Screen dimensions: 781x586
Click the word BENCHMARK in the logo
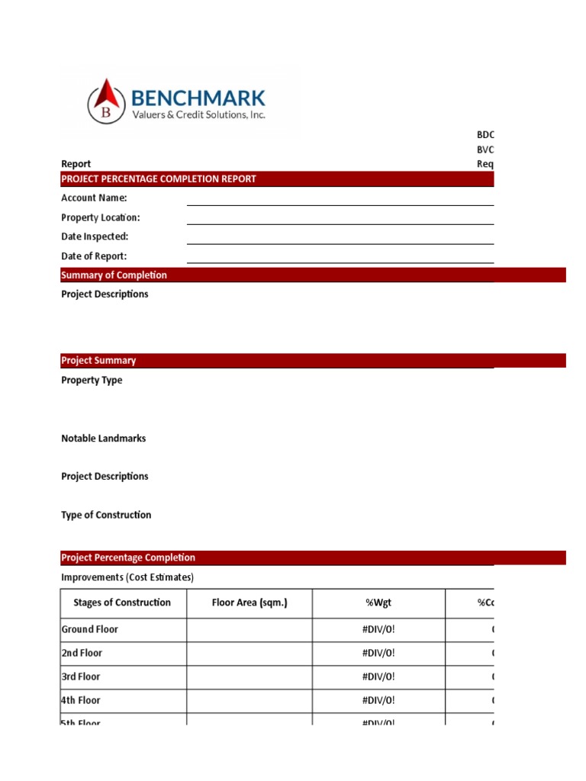click(x=198, y=97)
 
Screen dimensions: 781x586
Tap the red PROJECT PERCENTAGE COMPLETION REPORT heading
click(x=159, y=179)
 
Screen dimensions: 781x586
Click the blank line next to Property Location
click(x=340, y=219)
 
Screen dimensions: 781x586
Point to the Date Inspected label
click(x=95, y=237)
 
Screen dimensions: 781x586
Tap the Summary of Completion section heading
click(x=114, y=275)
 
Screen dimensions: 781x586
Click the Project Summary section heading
click(x=98, y=361)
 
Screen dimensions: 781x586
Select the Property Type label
click(x=92, y=381)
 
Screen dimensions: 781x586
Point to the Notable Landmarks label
click(x=103, y=439)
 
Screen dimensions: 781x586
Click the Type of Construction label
click(x=106, y=516)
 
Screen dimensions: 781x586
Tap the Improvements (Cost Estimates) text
click(x=127, y=577)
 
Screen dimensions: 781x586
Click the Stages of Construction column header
click(x=122, y=603)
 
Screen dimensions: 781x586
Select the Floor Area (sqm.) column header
click(x=250, y=603)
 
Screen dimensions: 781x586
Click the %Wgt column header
click(x=378, y=603)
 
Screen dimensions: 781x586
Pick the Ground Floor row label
click(x=89, y=630)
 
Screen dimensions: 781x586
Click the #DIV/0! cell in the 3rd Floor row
click(x=378, y=677)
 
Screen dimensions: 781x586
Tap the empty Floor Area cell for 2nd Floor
click(x=250, y=654)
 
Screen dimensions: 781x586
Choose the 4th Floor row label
click(x=81, y=701)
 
